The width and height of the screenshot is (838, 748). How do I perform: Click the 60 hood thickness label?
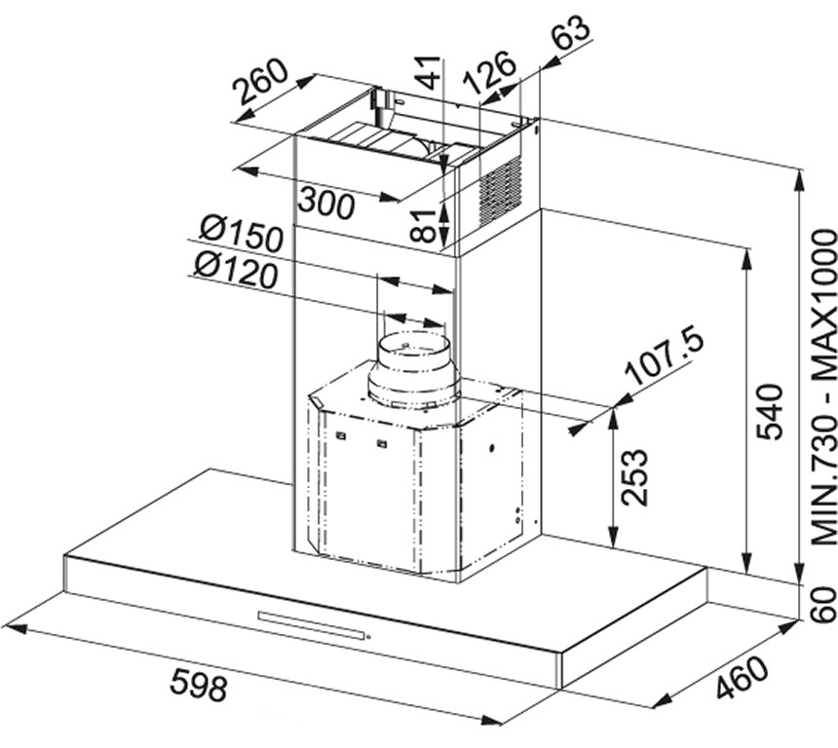click(823, 604)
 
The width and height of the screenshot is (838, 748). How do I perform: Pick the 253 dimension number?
click(635, 477)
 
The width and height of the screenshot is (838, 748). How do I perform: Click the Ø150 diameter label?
click(241, 234)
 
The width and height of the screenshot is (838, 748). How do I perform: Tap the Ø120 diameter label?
click(236, 269)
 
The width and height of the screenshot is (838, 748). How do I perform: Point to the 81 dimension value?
click(428, 226)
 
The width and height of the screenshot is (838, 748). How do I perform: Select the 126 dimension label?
click(489, 71)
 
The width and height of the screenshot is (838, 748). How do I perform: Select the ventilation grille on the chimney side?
click(500, 191)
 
